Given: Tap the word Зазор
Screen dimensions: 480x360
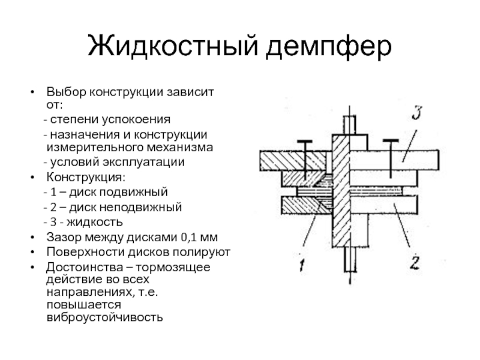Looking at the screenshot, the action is tap(61, 236).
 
